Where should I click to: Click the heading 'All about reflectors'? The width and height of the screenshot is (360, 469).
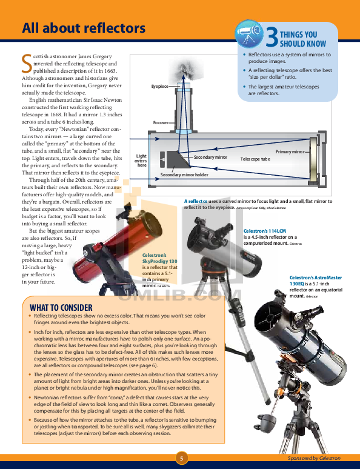click(83, 28)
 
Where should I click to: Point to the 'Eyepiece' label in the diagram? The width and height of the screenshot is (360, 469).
click(160, 87)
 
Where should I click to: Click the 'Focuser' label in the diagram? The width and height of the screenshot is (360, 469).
click(161, 122)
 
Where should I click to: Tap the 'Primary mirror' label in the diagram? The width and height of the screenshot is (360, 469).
click(290, 151)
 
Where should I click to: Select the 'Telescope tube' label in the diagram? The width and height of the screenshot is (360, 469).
click(255, 158)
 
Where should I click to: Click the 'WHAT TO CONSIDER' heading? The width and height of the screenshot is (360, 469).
click(61, 307)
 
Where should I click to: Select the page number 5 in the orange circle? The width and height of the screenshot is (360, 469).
click(180, 457)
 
